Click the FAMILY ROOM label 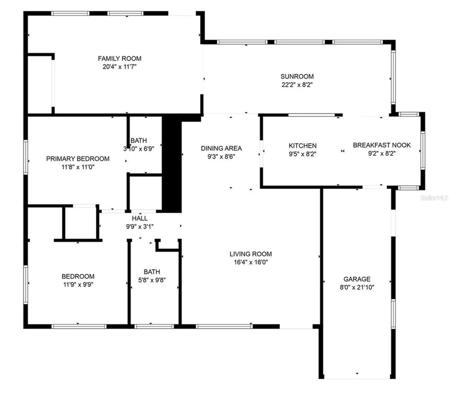(120, 58)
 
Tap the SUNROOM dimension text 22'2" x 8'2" (297, 85)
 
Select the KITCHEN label (303, 146)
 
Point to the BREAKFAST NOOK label (382, 145)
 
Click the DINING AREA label (221, 148)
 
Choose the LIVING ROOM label (251, 254)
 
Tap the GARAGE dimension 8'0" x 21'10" (357, 287)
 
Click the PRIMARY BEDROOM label (78, 159)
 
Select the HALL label (140, 218)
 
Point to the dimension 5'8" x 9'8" (152, 280)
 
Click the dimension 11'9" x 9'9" (78, 285)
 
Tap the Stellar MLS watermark (434, 198)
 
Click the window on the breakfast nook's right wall (423, 150)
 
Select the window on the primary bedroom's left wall (25, 157)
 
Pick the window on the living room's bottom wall (224, 327)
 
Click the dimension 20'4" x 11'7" (120, 67)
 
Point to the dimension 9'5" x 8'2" (303, 154)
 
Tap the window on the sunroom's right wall (393, 77)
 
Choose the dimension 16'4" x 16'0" (251, 262)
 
